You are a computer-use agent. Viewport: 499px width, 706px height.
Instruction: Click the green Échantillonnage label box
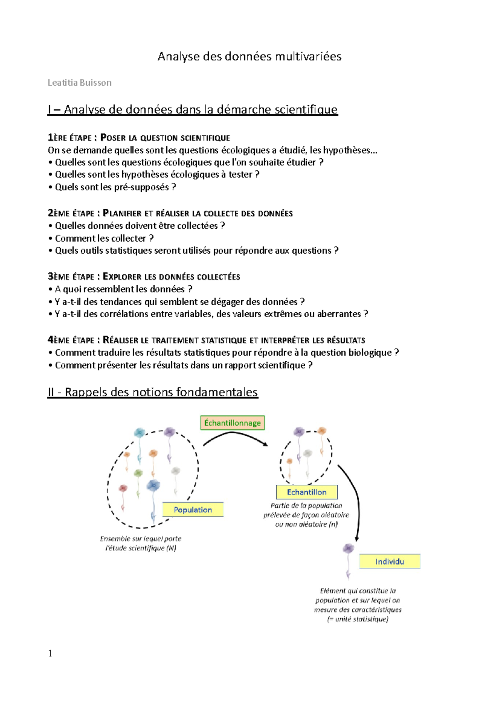coord(232,423)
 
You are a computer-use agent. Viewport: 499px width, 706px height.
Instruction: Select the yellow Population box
coord(193,510)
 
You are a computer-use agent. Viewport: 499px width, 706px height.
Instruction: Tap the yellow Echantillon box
coord(306,492)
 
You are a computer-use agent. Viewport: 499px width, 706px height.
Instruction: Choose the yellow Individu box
coord(390,562)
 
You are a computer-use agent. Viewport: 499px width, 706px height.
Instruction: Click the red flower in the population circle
coord(123,488)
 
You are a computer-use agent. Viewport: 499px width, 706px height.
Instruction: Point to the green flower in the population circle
coord(138,473)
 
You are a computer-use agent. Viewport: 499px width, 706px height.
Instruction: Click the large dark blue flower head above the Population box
coord(153,485)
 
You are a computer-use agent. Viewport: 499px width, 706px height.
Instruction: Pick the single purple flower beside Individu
coord(348,549)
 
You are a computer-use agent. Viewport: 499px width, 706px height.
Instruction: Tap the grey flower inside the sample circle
coord(308,453)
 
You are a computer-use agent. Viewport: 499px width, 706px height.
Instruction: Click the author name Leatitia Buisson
coord(79,83)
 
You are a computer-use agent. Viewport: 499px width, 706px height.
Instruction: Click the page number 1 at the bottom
coord(50,654)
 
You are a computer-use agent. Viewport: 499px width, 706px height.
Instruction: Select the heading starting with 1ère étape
coord(139,138)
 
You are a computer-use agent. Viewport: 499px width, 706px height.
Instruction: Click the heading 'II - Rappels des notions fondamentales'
coord(153,392)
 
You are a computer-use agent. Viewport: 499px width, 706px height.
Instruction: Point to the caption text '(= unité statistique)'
coord(358,619)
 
